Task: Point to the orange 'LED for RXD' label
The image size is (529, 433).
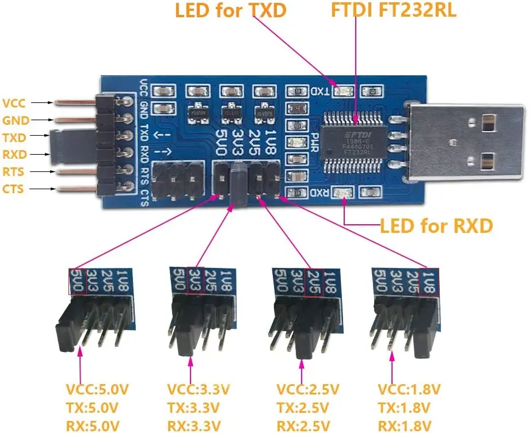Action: pyautogui.click(x=436, y=225)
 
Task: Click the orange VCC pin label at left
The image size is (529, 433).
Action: pyautogui.click(x=14, y=104)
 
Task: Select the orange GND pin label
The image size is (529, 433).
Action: pyautogui.click(x=16, y=121)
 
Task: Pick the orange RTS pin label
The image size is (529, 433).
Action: pyautogui.click(x=14, y=172)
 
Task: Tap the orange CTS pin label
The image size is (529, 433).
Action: pyautogui.click(x=14, y=189)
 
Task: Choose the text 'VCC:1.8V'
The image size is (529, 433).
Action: pyautogui.click(x=404, y=390)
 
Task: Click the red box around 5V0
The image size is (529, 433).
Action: pyautogui.click(x=78, y=282)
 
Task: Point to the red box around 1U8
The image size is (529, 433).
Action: pyautogui.click(x=428, y=282)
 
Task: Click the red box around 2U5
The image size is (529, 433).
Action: pyautogui.click(x=314, y=282)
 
